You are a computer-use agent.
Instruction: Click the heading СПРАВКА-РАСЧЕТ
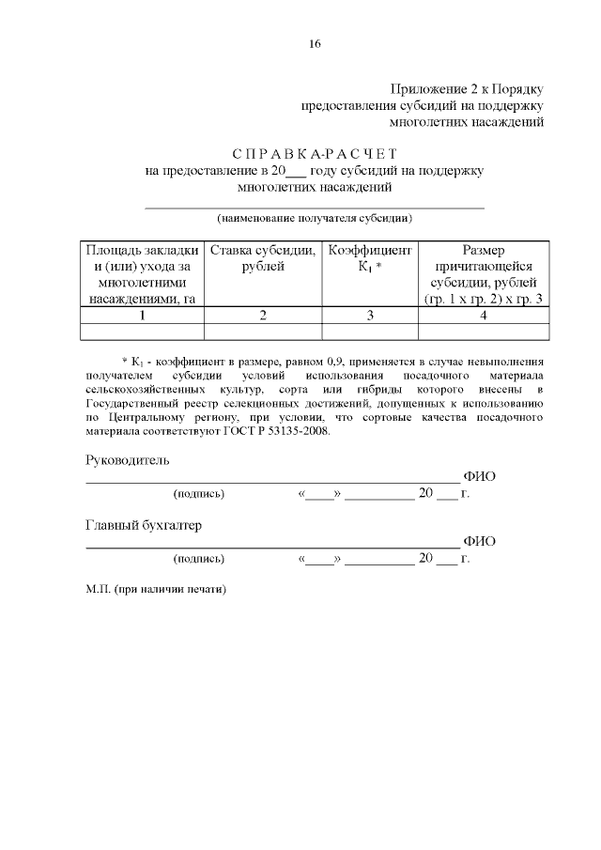316,153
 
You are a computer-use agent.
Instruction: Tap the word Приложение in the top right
428,88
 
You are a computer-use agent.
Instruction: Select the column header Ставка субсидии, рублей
263,258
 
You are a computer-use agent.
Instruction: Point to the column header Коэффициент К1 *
370,258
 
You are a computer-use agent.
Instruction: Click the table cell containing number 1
143,315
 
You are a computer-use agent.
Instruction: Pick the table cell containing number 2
263,315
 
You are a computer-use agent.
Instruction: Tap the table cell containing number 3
370,315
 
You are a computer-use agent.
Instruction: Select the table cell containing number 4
483,315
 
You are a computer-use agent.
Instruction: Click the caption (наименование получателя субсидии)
316,218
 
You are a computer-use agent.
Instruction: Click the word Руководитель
128,460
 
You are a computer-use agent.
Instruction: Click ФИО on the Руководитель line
480,476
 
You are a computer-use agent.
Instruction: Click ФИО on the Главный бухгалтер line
480,541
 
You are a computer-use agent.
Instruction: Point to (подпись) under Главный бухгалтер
198,558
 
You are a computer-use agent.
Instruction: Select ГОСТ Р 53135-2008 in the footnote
282,431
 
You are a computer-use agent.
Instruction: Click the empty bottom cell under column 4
483,331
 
